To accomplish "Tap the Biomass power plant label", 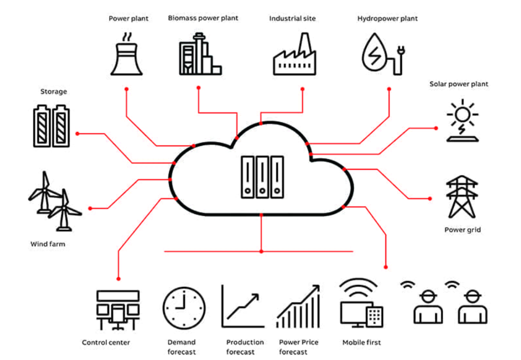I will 203,18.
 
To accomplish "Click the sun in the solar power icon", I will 462,115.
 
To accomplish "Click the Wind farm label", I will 47,244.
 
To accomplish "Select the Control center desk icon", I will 118,310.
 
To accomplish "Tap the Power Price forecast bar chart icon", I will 298,307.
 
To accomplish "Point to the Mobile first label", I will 361,342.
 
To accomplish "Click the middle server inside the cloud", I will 262,177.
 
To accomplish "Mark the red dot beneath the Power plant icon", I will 126,89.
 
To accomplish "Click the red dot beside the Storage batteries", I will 77,134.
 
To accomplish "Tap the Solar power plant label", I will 459,84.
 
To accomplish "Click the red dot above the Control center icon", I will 118,278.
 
